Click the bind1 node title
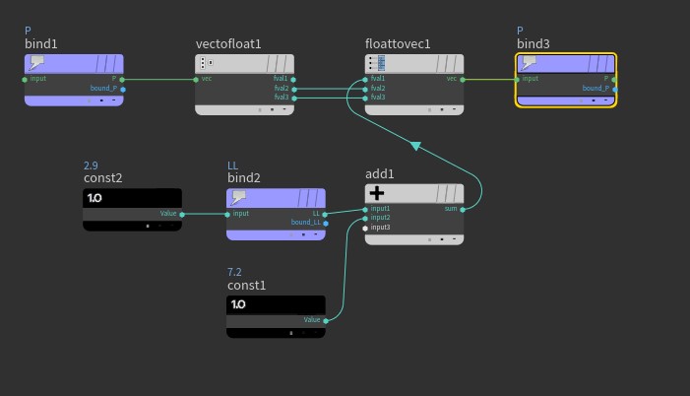click(41, 44)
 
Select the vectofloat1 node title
click(228, 44)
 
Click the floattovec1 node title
click(398, 44)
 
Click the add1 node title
click(379, 174)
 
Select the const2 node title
click(102, 178)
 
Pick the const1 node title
click(246, 286)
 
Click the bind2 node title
click(243, 178)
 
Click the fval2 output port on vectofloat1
click(293, 89)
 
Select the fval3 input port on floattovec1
click(366, 98)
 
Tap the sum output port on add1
click(463, 209)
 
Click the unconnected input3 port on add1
click(365, 228)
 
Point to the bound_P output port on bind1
click(123, 89)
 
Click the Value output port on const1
click(326, 320)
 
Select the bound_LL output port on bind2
click(326, 223)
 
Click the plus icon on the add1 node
click(376, 194)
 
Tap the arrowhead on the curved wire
click(415, 146)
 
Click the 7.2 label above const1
click(234, 272)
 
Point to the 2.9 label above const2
click(91, 165)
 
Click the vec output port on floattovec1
click(463, 79)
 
